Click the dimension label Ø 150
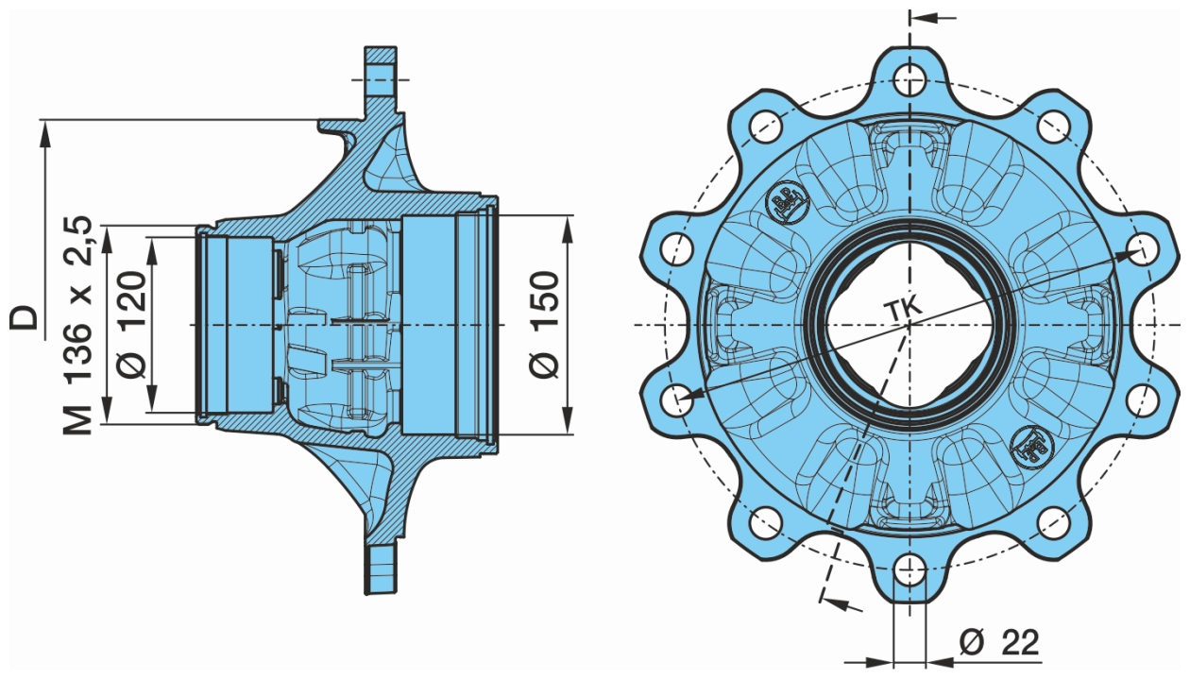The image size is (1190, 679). tap(545, 325)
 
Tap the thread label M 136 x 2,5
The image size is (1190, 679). tap(79, 325)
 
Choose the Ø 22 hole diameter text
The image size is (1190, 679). tap(998, 643)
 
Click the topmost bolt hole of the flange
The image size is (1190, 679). tap(910, 77)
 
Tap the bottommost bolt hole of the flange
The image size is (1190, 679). tap(909, 569)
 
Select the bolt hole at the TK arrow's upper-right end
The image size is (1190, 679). tap(1144, 248)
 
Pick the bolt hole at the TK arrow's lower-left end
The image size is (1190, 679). tap(676, 399)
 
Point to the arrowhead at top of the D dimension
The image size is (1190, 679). tap(43, 132)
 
